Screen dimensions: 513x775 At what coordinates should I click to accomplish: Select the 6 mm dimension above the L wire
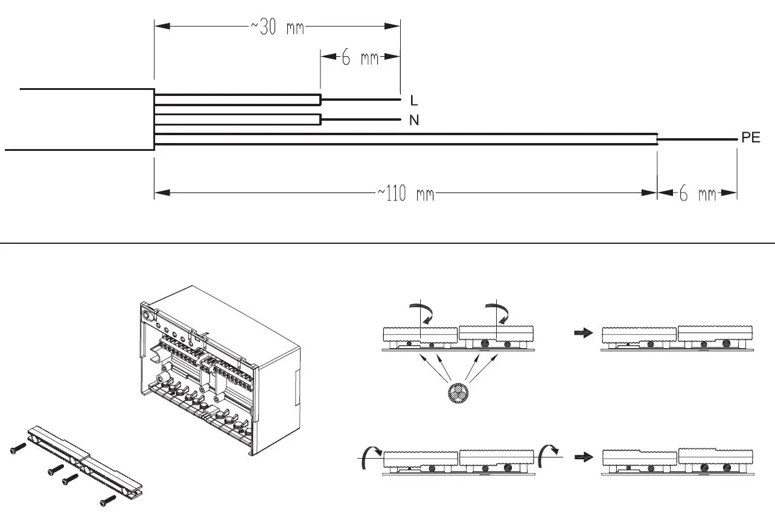(360, 58)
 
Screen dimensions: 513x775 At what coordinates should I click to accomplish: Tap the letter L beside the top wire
(414, 100)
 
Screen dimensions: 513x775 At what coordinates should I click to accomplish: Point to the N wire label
(414, 121)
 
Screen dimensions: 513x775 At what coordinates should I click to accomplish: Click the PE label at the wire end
(751, 138)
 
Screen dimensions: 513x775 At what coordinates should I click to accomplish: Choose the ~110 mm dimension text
(406, 194)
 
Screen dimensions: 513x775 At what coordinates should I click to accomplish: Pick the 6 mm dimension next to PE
(697, 194)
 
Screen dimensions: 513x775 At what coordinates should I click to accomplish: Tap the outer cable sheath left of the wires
(78, 119)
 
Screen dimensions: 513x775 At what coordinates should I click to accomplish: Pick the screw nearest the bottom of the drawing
(109, 500)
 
